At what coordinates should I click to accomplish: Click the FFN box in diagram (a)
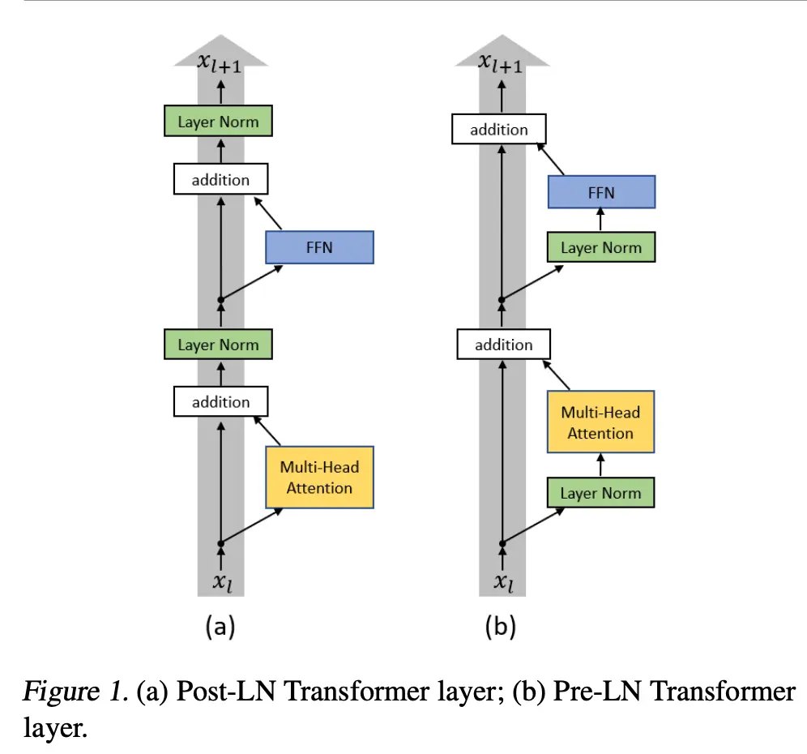[x=319, y=247]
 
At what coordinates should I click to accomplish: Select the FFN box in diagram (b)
[x=600, y=193]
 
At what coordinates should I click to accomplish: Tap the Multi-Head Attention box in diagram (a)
[x=319, y=478]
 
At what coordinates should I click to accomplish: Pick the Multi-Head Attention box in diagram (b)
[x=600, y=422]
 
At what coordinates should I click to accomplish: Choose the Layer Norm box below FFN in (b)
[x=600, y=247]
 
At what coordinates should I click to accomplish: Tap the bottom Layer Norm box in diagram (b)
[x=600, y=493]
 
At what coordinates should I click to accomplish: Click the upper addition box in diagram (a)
[x=220, y=179]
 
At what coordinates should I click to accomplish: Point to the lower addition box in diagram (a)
[x=220, y=401]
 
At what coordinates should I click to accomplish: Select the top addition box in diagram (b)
[x=499, y=130]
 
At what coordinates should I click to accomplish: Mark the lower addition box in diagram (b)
[x=503, y=345]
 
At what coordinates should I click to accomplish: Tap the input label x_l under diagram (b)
[x=503, y=580]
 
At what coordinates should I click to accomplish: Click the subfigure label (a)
[x=220, y=626]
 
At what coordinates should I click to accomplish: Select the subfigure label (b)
[x=501, y=626]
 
